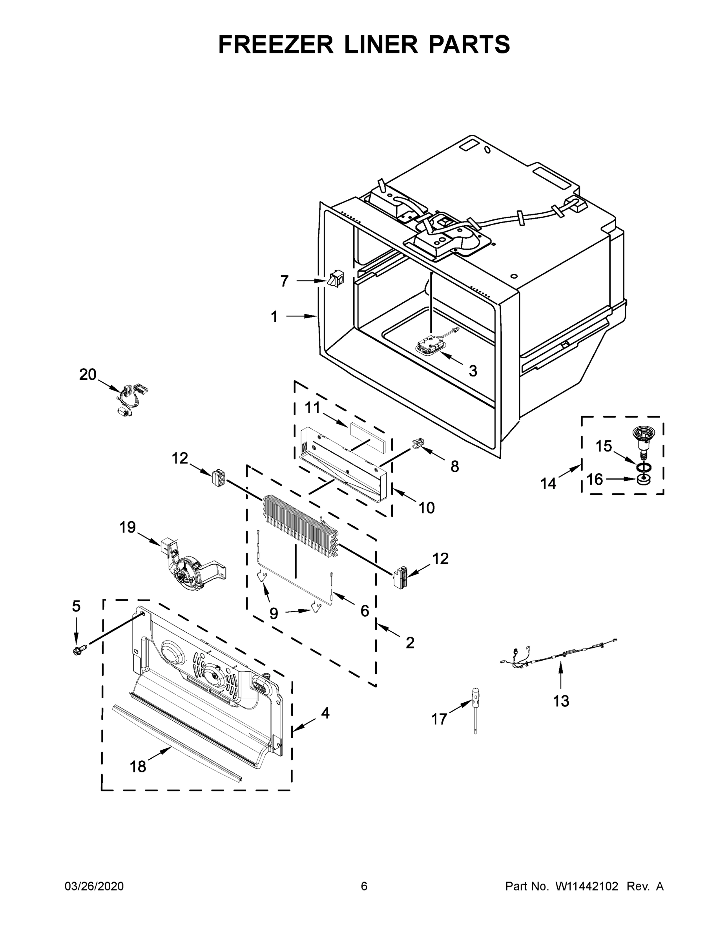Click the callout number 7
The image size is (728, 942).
click(x=284, y=281)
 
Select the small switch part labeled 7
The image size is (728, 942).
click(x=336, y=278)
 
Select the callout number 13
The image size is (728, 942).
click(x=561, y=701)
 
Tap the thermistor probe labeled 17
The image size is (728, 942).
click(x=476, y=706)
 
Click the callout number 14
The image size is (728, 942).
click(x=548, y=484)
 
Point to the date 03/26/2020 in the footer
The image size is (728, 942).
click(x=94, y=886)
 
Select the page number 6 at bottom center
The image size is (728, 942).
click(x=364, y=886)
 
